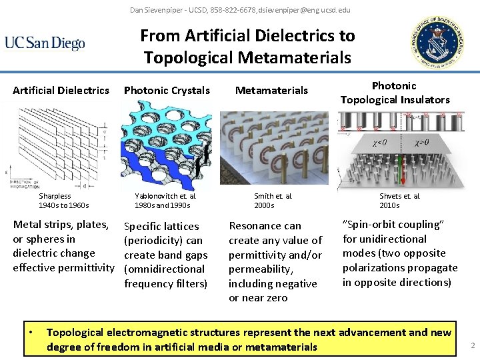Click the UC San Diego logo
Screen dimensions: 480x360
click(x=45, y=43)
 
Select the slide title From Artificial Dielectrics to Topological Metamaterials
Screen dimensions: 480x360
click(x=247, y=46)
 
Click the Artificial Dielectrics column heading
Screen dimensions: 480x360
click(x=61, y=90)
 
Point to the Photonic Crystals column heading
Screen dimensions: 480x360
click(x=167, y=90)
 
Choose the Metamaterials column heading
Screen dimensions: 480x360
click(x=272, y=90)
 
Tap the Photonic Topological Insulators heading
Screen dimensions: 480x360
click(x=395, y=93)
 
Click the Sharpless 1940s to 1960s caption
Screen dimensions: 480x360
click(x=63, y=201)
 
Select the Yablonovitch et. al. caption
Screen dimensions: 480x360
click(x=165, y=201)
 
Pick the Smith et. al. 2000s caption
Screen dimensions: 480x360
click(x=273, y=201)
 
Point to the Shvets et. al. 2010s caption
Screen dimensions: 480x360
click(x=400, y=201)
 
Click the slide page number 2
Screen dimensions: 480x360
click(x=472, y=345)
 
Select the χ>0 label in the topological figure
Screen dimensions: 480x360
click(x=421, y=142)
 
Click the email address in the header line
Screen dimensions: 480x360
click(x=309, y=10)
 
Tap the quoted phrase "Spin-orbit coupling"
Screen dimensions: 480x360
click(x=393, y=225)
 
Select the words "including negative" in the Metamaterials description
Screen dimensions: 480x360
click(x=273, y=283)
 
